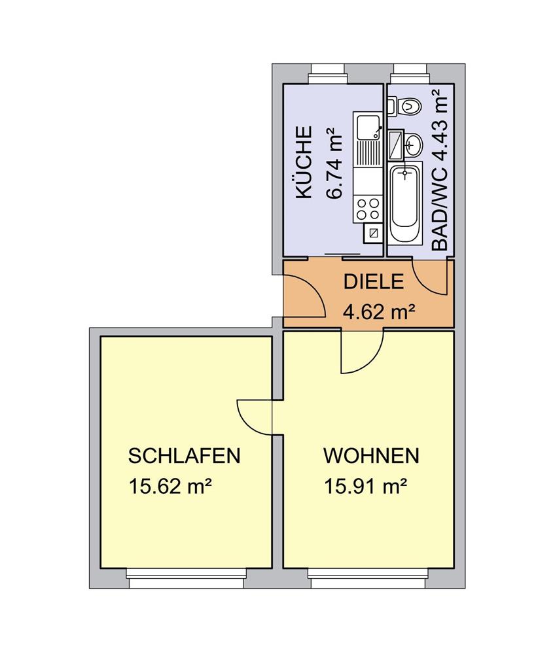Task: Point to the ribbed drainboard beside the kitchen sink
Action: [368, 154]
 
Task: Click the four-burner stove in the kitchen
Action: [368, 209]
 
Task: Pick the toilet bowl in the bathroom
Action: [410, 106]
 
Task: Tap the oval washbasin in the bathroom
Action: [413, 145]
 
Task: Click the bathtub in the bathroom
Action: [404, 203]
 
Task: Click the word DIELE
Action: [374, 282]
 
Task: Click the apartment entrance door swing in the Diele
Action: [304, 296]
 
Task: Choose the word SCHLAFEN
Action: [184, 456]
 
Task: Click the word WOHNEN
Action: [371, 456]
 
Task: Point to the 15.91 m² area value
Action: [366, 486]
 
